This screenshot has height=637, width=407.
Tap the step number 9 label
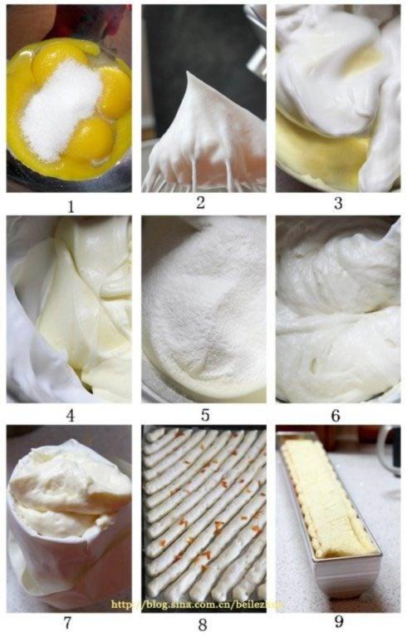click(337, 621)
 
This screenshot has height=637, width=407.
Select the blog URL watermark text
click(194, 605)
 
